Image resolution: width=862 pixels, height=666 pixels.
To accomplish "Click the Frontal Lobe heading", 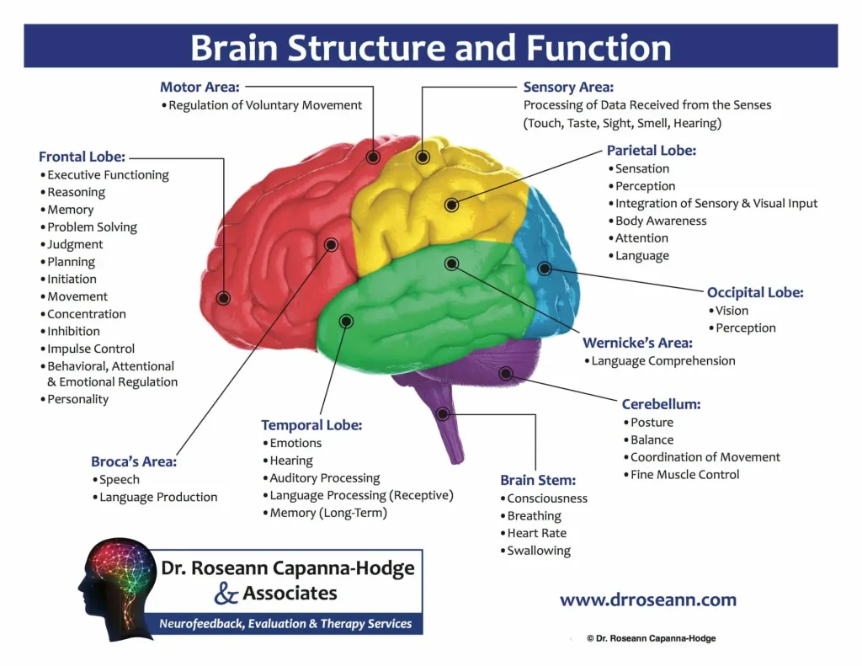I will point(82,157).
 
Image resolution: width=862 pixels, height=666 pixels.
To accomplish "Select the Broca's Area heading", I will point(134,461).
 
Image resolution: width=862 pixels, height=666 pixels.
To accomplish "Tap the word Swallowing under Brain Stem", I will point(539,551).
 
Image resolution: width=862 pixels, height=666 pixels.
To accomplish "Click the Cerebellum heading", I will point(661,404).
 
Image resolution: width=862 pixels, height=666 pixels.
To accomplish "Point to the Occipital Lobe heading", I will point(755,293).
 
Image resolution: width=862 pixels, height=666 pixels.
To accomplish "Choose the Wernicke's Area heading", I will point(637,343).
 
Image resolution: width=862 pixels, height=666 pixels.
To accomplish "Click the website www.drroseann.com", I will point(647,600).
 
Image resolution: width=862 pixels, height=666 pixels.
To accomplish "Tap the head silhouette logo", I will point(115,587).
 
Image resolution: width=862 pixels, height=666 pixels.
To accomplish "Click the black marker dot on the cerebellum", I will point(505,373).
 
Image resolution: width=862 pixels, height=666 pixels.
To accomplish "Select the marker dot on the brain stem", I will point(443,413).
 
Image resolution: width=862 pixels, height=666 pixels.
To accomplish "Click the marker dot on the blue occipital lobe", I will point(545,269).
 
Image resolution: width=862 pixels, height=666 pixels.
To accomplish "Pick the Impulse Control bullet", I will point(91,349).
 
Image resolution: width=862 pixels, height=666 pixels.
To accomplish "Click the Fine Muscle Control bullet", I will point(685,474).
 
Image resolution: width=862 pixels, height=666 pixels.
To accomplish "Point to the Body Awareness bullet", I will point(661,221).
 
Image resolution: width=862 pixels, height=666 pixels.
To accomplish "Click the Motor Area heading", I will point(200,87).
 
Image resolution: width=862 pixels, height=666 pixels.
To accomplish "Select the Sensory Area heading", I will point(568,87).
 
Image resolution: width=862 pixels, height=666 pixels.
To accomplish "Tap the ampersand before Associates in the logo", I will point(226,594).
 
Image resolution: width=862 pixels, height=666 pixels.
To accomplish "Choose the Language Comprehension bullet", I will point(663,360).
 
